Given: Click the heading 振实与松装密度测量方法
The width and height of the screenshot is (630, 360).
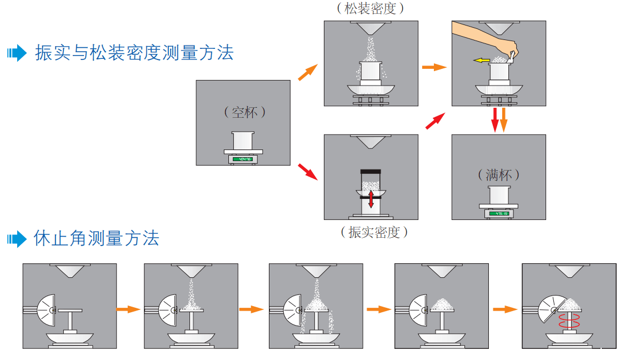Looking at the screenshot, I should (134, 53).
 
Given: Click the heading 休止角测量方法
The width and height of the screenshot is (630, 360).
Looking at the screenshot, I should (97, 238).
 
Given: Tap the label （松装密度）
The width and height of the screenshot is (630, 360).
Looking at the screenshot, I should (371, 8).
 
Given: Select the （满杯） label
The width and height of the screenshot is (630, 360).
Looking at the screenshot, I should (499, 174).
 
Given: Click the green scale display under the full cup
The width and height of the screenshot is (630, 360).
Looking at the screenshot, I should (498, 213).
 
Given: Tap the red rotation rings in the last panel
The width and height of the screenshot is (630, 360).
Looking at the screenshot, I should (569, 321).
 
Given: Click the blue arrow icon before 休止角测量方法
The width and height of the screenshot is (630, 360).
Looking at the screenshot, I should (17, 239).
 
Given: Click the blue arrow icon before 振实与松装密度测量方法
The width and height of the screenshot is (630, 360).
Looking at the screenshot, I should (17, 53).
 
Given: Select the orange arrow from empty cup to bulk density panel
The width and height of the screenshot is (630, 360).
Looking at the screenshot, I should (307, 73).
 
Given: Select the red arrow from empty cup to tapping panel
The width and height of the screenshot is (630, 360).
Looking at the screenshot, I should (307, 172).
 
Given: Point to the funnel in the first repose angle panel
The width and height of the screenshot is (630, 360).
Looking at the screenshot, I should (69, 271).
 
